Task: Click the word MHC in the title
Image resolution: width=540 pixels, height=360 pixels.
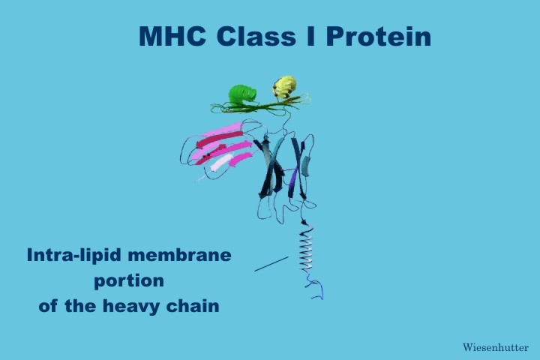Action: point(172,36)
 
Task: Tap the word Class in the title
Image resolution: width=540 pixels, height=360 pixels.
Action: point(256,36)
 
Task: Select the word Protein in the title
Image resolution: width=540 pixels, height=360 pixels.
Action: point(379,36)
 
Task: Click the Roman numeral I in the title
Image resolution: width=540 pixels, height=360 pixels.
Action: point(310,36)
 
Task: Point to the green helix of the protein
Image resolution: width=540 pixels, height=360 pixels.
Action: point(242,95)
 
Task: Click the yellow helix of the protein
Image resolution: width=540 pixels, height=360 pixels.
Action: point(285,88)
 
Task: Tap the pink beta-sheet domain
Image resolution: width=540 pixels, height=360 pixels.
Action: point(220,148)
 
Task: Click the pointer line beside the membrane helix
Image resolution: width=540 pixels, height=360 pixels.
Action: point(271,264)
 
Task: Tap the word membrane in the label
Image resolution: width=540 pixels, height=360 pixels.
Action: point(179,255)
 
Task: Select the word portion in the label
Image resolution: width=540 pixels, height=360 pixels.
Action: point(129,281)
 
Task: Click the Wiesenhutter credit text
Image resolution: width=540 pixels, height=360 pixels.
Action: point(496,347)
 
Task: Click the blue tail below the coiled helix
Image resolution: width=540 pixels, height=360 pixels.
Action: point(315,286)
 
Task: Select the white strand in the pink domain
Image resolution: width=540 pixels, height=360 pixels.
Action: point(220,162)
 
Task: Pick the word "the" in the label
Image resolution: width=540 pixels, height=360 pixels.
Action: point(80,305)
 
